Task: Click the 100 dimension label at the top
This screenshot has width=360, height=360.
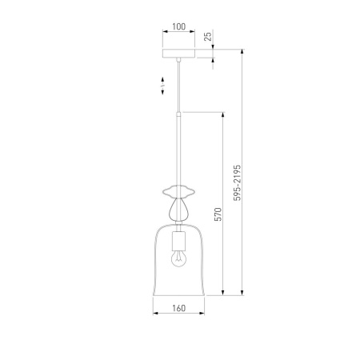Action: (178, 26)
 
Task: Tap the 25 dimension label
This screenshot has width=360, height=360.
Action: (208, 36)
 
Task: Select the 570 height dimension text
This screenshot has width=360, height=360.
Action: (218, 214)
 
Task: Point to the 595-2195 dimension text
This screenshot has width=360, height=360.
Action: (237, 182)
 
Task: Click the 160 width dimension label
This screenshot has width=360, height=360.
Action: (178, 308)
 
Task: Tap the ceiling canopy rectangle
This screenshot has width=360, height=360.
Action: (178, 54)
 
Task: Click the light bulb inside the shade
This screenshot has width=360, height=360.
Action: (178, 258)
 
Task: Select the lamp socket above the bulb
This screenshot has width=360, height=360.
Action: (178, 241)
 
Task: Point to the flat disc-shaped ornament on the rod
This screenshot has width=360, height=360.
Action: (178, 191)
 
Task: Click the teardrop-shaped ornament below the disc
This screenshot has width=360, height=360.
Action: (178, 209)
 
